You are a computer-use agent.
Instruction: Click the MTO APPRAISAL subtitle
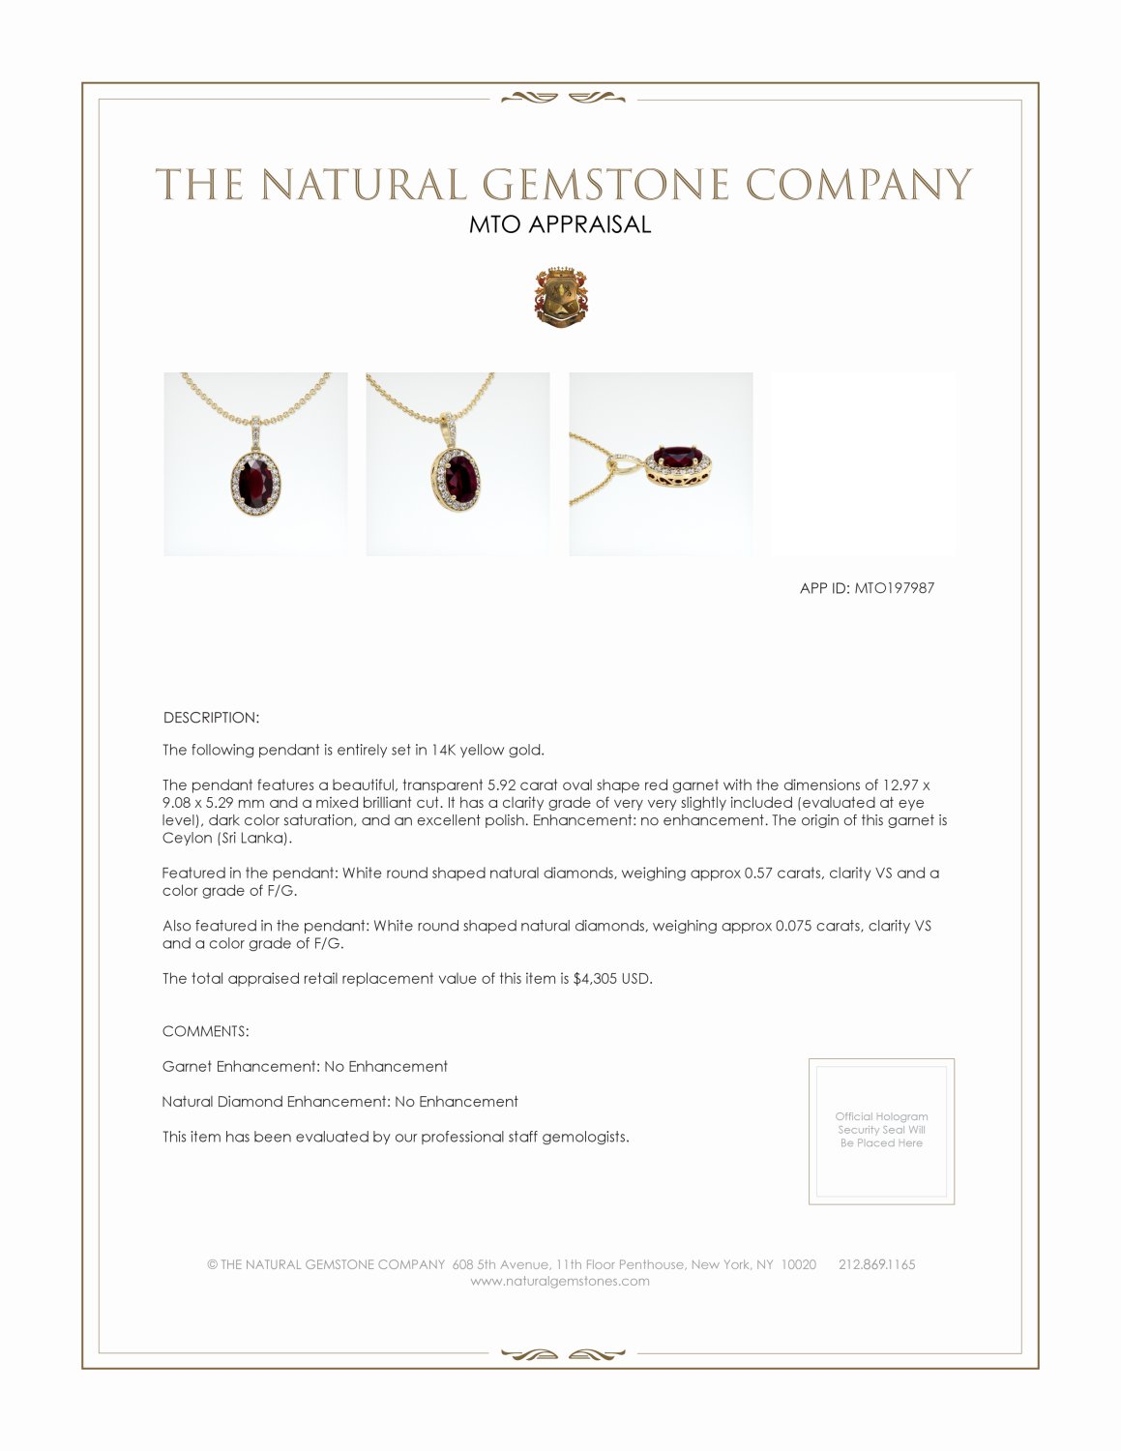coord(560,224)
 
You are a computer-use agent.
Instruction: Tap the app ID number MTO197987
coord(895,587)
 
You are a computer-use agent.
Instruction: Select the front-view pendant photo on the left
coord(255,464)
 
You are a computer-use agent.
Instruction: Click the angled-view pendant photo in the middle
coord(457,464)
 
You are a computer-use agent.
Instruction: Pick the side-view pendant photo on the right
coord(661,464)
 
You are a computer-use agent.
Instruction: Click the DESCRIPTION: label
coord(211,718)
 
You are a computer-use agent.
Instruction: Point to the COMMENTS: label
coord(205,1031)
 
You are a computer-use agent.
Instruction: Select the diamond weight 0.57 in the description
coord(756,873)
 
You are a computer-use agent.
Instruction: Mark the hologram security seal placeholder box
coord(881,1131)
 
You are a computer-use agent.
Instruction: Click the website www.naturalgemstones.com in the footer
coord(560,1281)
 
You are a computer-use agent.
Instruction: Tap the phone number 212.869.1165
coord(876,1264)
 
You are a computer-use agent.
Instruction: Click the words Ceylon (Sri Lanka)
coord(227,838)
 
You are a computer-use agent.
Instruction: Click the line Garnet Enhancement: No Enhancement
coord(305,1066)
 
